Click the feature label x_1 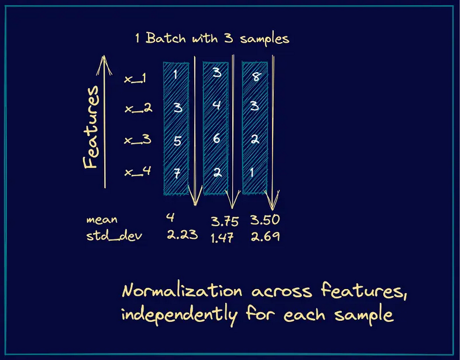pos(135,78)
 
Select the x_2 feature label pos(138,108)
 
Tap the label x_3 pos(137,139)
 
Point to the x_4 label pos(137,171)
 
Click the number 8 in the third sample pos(257,77)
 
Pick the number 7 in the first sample pos(177,173)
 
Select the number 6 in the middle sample pos(216,138)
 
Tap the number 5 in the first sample pos(177,141)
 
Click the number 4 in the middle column pos(216,105)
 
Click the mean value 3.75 pos(225,221)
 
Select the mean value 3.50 pos(265,220)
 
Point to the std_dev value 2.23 pos(183,235)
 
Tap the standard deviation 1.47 pos(222,238)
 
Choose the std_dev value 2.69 pos(265,236)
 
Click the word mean pos(102,220)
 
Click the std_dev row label pos(114,236)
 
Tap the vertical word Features pos(91,128)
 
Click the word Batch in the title pos(166,38)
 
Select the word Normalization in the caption pos(182,290)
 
